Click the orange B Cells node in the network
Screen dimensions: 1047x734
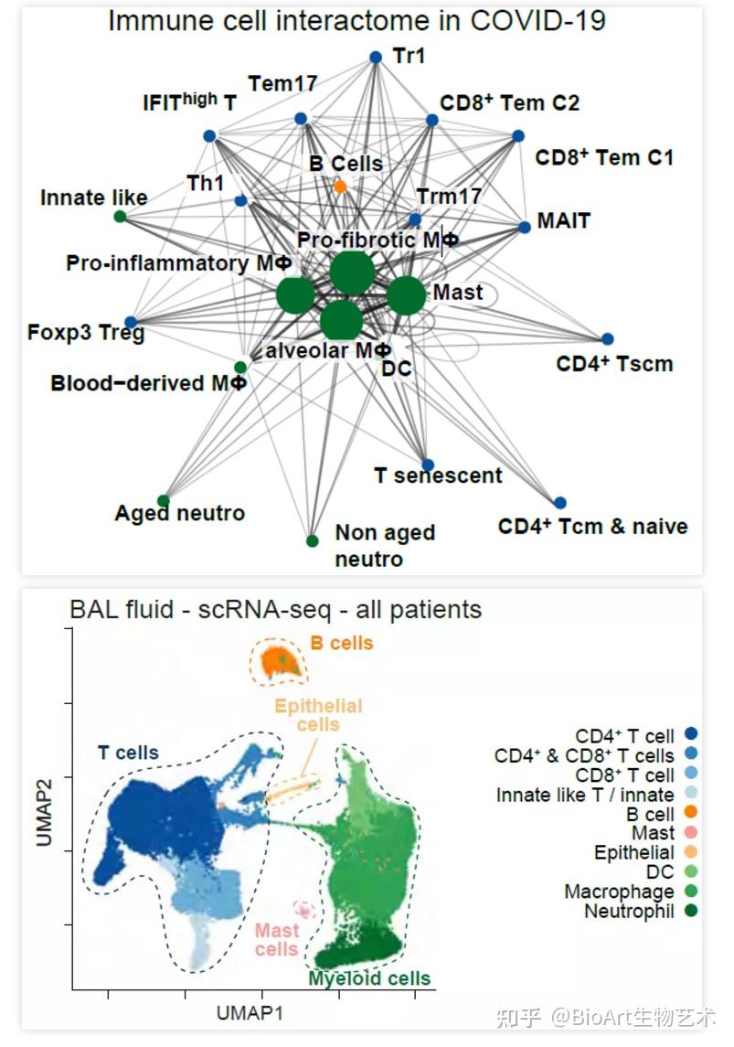340,187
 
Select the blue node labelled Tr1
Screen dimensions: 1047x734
375,57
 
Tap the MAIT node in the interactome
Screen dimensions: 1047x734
524,227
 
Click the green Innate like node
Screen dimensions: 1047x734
120,216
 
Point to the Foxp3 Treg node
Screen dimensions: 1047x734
131,322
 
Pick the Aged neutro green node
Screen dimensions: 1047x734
164,500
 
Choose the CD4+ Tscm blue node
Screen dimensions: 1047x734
608,339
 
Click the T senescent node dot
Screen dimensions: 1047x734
428,465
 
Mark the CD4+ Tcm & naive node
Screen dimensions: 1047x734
560,502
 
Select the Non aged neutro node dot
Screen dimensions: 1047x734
313,540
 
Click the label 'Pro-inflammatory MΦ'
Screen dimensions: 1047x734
179,263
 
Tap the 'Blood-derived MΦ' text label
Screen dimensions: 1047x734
149,383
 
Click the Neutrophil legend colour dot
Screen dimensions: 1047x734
692,911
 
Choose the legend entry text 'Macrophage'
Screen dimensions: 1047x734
619,892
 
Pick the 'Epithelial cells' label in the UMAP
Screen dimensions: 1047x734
318,715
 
